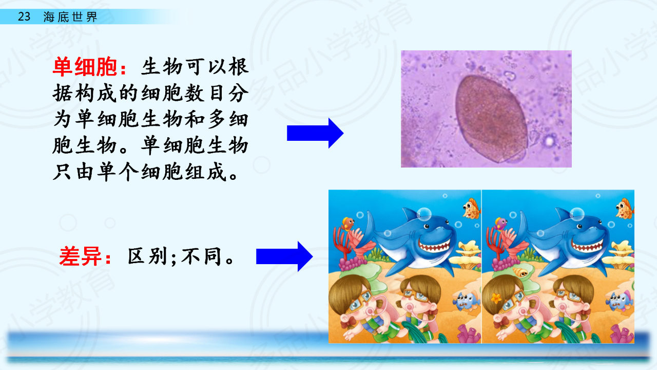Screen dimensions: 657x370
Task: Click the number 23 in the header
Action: pos(24,16)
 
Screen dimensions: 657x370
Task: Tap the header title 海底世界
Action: pos(70,17)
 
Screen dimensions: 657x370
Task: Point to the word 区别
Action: pos(147,256)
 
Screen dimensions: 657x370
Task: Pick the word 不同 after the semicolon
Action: pos(201,256)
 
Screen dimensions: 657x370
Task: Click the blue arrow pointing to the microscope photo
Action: pos(315,133)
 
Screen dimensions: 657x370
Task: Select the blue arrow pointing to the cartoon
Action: pos(284,256)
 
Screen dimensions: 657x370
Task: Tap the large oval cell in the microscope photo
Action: pos(492,119)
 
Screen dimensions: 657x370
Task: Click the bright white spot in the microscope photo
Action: pos(549,141)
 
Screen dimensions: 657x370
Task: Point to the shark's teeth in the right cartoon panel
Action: pos(587,245)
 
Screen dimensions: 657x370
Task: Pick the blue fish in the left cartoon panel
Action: pos(467,301)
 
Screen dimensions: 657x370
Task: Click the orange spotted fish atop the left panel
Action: pos(471,209)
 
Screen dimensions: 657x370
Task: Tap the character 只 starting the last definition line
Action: pos(62,172)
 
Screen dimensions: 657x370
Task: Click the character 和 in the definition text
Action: pos(194,120)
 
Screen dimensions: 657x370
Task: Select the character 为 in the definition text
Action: pos(62,120)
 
